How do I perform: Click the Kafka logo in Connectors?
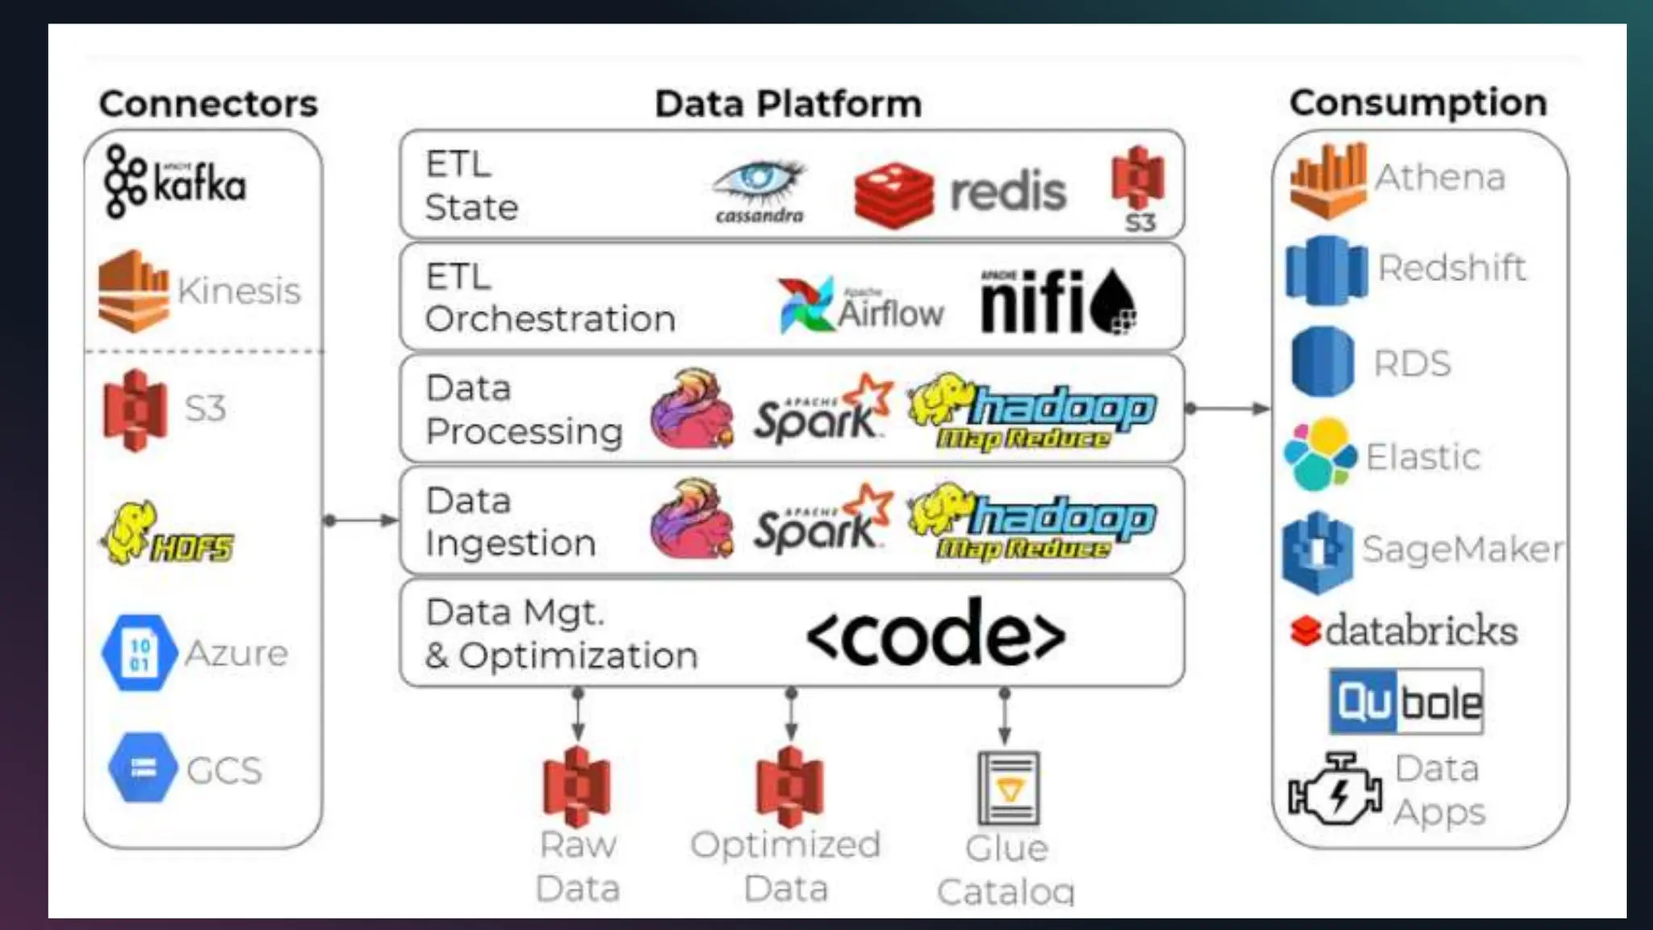174,182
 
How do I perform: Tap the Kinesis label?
239,291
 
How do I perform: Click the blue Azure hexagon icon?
139,653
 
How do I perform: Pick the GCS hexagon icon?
143,768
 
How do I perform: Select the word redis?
1008,192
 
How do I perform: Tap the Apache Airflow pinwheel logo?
806,305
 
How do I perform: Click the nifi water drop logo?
1114,303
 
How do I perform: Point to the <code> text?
935,634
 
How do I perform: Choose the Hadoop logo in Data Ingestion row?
1033,522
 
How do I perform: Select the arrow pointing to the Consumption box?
1227,408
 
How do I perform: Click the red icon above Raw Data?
576,787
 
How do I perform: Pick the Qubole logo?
1406,702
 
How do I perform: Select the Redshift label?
1451,268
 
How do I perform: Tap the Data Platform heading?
788,104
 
